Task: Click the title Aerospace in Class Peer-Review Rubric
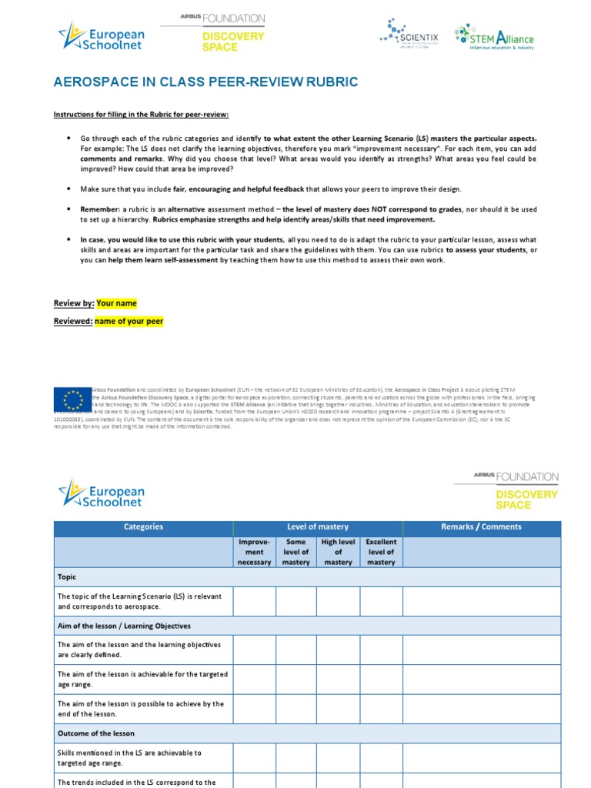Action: point(205,82)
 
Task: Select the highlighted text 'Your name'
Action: point(116,303)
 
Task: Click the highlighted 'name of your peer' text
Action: point(129,321)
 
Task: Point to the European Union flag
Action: point(73,398)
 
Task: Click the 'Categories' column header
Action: point(143,527)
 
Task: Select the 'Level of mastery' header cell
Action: point(317,527)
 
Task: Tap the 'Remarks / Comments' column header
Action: point(481,527)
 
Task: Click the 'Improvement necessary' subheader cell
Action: point(254,552)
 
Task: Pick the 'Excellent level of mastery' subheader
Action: point(381,552)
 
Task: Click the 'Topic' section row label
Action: point(68,576)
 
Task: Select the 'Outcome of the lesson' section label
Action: point(95,733)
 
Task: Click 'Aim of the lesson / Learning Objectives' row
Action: point(124,626)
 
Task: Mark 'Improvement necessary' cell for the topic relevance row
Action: point(254,601)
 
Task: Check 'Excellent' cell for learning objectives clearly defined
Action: point(381,649)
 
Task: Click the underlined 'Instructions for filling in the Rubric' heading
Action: point(141,115)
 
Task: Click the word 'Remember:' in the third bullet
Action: point(100,209)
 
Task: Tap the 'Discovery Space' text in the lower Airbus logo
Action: point(526,499)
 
